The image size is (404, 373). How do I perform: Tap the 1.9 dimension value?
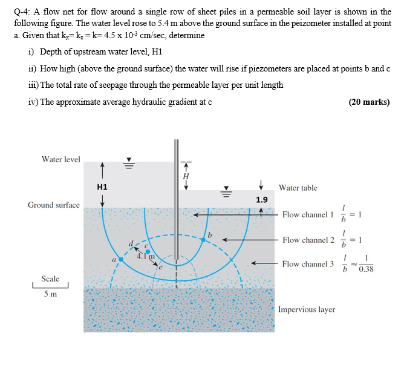tap(261, 200)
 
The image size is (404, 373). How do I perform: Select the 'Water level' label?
tap(60, 159)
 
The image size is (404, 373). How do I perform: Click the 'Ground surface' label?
tap(54, 205)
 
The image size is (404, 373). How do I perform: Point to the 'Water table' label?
tap(298, 188)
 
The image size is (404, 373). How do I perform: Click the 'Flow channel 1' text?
tap(307, 214)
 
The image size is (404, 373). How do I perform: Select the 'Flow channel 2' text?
tap(307, 240)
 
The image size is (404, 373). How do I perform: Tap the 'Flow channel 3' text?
tap(307, 263)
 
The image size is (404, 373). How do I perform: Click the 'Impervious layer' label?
tap(307, 309)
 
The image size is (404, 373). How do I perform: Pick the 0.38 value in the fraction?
tap(366, 269)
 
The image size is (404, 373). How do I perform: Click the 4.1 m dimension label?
tap(146, 256)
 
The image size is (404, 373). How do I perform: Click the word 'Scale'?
tap(50, 279)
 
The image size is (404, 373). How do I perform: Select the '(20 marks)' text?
tap(369, 102)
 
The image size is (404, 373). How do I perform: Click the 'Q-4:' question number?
tap(22, 12)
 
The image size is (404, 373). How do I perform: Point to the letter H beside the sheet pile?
tap(186, 176)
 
